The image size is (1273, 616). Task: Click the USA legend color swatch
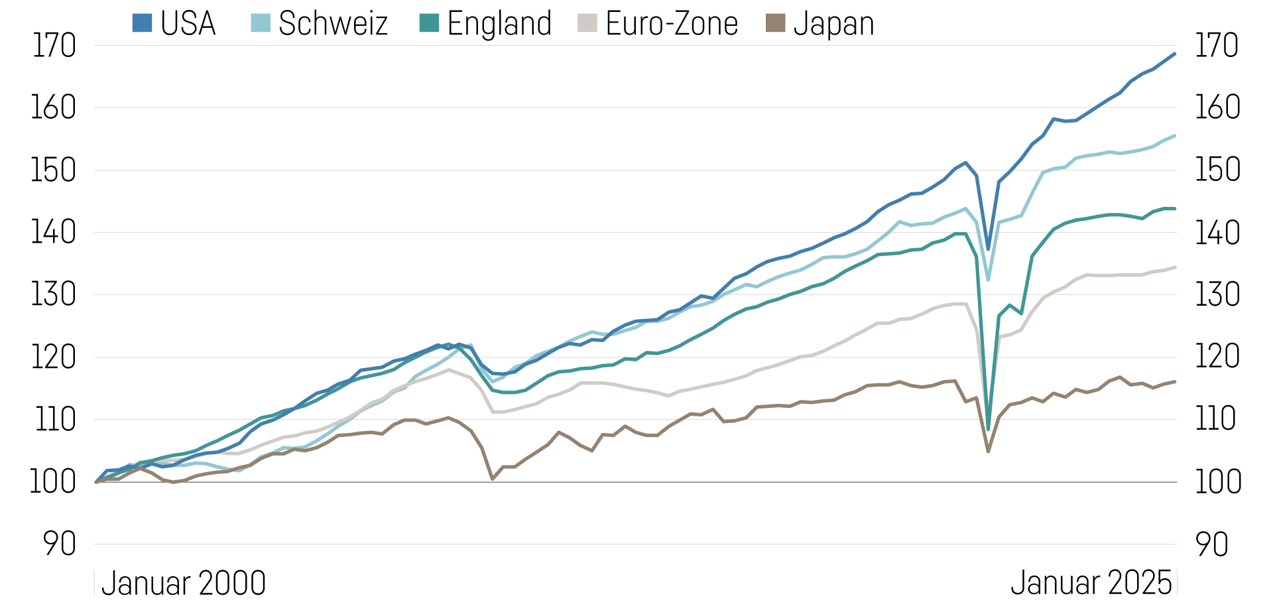(142, 23)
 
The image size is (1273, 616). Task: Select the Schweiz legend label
(333, 24)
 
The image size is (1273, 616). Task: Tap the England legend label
(499, 24)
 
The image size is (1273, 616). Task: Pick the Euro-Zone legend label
(672, 24)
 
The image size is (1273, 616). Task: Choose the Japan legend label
(833, 24)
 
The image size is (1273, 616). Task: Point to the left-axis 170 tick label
(54, 46)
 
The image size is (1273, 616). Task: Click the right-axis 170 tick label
(1217, 46)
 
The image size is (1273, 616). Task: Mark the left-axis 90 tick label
(60, 544)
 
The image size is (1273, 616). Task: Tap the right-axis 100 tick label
(1218, 482)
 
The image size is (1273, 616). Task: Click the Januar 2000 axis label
(184, 584)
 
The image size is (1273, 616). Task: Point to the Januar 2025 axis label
(1091, 584)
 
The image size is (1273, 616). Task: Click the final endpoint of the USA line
(1175, 54)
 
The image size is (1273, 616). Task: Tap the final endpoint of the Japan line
(1175, 381)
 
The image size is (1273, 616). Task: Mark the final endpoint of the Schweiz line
(1175, 136)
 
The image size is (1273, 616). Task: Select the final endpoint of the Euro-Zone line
(1175, 267)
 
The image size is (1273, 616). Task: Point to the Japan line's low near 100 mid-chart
(492, 479)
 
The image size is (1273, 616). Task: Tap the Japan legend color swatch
(775, 23)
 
